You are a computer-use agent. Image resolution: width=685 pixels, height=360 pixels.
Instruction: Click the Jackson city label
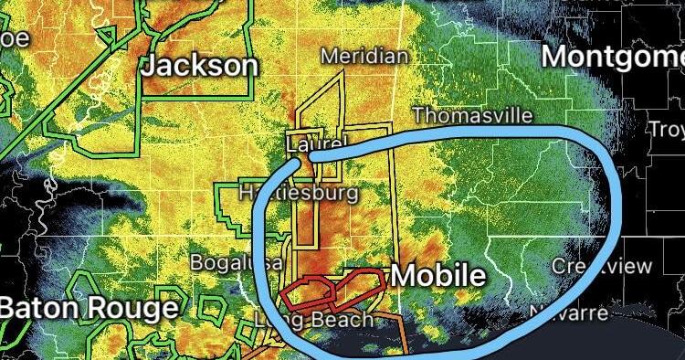[199, 66]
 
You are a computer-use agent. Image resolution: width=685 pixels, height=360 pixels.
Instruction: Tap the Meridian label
[364, 57]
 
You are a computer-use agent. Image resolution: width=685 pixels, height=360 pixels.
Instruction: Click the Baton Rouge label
[89, 308]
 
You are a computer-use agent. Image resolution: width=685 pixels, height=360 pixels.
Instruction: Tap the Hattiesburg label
[298, 194]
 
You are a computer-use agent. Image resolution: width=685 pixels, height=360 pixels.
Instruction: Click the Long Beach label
[314, 320]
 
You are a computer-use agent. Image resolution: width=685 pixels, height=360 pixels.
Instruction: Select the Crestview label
[602, 266]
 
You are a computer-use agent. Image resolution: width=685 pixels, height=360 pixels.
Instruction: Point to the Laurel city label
[317, 144]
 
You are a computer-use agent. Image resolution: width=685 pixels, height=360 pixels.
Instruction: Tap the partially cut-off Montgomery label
[612, 56]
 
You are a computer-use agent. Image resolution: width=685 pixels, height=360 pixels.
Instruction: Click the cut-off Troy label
[666, 129]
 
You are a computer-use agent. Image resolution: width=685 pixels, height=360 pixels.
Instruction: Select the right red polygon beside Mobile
[360, 283]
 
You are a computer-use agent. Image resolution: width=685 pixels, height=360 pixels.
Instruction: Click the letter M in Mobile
[405, 275]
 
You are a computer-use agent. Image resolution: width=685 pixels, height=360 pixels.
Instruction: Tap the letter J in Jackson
[149, 67]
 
